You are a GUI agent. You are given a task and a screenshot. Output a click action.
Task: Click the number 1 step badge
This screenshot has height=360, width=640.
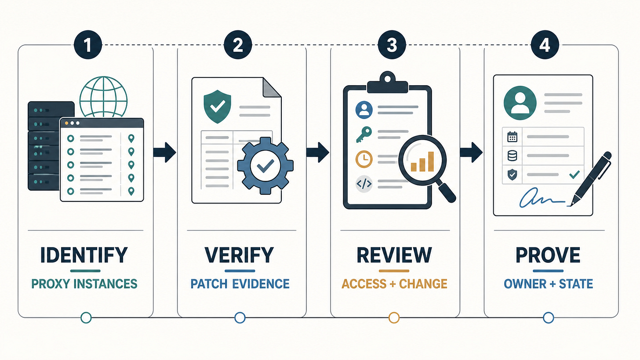point(88,45)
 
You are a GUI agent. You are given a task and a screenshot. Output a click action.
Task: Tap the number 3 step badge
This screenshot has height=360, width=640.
point(392,45)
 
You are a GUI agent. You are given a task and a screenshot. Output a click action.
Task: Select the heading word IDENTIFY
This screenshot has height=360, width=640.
point(84,255)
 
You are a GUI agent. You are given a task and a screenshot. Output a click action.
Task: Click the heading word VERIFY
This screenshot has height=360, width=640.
point(240,255)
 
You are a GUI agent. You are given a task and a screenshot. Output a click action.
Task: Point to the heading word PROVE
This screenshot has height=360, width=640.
point(548,255)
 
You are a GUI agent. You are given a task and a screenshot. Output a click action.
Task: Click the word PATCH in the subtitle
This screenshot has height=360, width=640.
point(208,284)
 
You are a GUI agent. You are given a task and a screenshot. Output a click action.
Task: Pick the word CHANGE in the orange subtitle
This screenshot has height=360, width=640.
point(423,284)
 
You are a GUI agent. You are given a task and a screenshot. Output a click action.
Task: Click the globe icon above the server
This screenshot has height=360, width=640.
point(103,97)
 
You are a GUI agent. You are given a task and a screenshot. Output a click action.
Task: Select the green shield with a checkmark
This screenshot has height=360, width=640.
point(218,106)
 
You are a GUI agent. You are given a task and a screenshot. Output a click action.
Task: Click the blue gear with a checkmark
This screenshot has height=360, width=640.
point(265,166)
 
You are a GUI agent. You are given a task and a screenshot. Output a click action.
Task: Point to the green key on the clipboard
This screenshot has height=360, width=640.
point(364,135)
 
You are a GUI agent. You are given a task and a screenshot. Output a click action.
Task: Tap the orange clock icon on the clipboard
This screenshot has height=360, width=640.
point(364,159)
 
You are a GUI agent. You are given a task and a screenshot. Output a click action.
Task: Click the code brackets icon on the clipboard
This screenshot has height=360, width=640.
point(364,184)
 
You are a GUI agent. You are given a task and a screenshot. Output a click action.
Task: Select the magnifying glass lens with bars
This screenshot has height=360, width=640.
point(422,160)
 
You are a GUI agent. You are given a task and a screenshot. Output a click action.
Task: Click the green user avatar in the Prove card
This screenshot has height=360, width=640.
point(520,103)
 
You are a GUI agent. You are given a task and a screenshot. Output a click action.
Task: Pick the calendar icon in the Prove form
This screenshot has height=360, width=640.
point(512,137)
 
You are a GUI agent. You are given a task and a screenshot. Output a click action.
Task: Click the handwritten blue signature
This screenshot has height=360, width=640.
point(542,198)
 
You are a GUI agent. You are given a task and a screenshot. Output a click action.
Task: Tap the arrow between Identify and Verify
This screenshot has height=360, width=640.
point(164,152)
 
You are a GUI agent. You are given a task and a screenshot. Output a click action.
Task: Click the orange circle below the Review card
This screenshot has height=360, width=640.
point(394,318)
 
